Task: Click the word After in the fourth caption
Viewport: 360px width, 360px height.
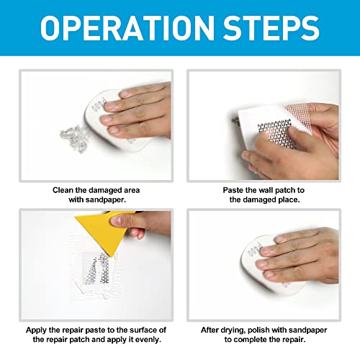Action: [x=213, y=329]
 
